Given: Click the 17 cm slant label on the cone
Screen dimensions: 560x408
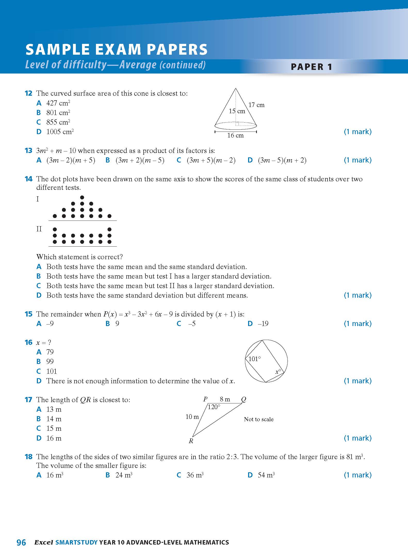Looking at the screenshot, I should coord(256,105).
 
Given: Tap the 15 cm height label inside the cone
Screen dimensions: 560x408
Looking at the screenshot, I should coord(237,111).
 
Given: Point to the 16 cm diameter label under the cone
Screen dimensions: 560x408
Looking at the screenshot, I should coord(235,135).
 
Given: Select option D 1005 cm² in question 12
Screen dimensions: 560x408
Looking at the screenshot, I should coord(60,132).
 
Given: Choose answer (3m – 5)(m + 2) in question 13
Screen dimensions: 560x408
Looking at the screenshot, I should coord(282,160).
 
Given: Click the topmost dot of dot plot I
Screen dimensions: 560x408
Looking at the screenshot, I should coord(82,198).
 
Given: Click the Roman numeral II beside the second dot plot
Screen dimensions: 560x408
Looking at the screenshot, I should coord(39,229).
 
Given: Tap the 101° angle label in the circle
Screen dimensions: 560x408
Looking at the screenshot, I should coord(255,359).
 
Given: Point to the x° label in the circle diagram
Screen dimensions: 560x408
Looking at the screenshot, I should coord(278,372).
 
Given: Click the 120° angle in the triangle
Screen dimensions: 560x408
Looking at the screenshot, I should coord(214,407).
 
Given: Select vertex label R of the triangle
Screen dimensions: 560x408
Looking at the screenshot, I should coord(191,441).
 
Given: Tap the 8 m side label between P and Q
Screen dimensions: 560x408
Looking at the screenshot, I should coord(225,399).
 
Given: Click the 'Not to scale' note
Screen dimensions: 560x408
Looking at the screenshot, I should coord(259,419).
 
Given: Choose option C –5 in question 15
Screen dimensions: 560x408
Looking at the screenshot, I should coord(192,324).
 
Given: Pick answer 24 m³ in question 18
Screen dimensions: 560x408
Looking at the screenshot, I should coord(124,475).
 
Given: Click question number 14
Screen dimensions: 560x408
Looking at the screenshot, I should coord(28,179).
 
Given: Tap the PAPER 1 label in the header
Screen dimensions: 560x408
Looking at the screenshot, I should coord(311,67).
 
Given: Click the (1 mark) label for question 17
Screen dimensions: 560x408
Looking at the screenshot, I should coord(358,438).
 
